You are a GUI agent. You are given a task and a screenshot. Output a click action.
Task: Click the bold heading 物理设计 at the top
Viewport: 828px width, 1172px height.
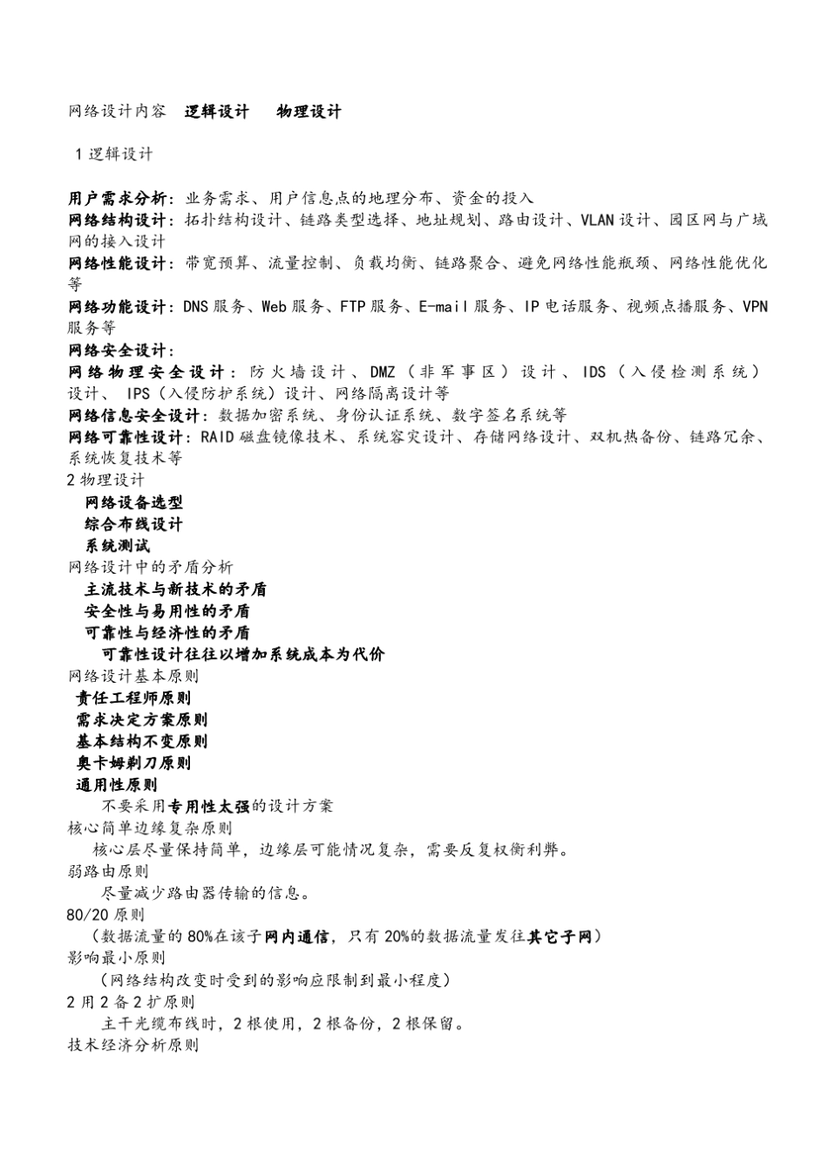coord(309,112)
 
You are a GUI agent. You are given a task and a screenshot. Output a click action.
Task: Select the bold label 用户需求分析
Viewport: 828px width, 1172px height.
coord(120,198)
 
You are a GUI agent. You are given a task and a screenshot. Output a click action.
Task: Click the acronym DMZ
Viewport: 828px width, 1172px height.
coord(382,372)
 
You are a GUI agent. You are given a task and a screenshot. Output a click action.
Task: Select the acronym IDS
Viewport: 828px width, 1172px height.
coord(594,372)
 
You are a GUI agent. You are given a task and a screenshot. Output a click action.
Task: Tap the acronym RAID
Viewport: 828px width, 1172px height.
coord(217,437)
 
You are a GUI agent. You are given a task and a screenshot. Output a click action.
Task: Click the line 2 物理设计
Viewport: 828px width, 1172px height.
coord(106,480)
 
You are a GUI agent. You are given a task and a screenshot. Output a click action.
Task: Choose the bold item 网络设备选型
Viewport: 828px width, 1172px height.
coord(134,502)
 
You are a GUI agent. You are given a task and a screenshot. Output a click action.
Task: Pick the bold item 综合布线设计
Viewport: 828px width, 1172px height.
coord(134,524)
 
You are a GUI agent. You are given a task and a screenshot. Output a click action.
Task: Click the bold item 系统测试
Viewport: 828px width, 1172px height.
coord(118,546)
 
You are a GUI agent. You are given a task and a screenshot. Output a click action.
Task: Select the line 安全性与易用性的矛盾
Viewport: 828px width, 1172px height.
coord(167,611)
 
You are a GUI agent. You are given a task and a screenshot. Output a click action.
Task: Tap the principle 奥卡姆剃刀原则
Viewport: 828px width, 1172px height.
coord(133,763)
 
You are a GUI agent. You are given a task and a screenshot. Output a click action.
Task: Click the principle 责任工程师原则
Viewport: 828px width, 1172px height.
coord(133,698)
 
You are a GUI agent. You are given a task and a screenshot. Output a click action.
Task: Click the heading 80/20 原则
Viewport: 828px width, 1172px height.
coord(105,915)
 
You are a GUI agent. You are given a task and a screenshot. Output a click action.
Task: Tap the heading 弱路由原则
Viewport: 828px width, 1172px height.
coord(108,871)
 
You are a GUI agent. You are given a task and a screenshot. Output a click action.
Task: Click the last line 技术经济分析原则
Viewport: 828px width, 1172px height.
coord(132,1045)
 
